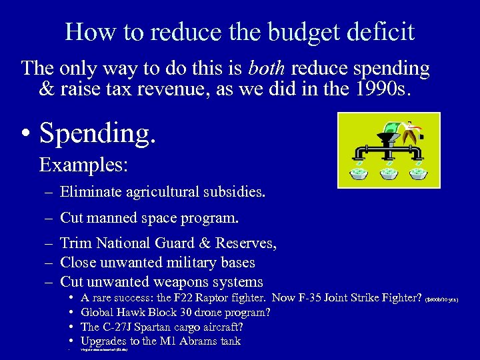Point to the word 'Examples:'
75,163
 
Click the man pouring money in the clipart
411,132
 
